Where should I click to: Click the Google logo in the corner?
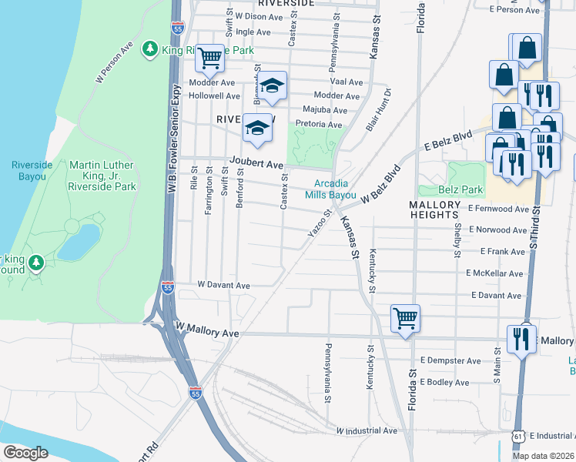click(26, 452)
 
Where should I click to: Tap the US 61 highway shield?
click(516, 437)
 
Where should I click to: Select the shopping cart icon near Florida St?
click(405, 317)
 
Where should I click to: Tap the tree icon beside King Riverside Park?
click(149, 50)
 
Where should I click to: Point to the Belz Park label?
click(440, 189)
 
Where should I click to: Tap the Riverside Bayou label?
click(28, 170)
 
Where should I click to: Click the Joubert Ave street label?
click(255, 164)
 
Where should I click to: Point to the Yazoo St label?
click(322, 223)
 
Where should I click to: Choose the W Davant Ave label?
click(224, 285)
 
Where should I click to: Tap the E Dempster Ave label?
click(451, 360)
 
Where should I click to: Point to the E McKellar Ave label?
click(494, 273)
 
